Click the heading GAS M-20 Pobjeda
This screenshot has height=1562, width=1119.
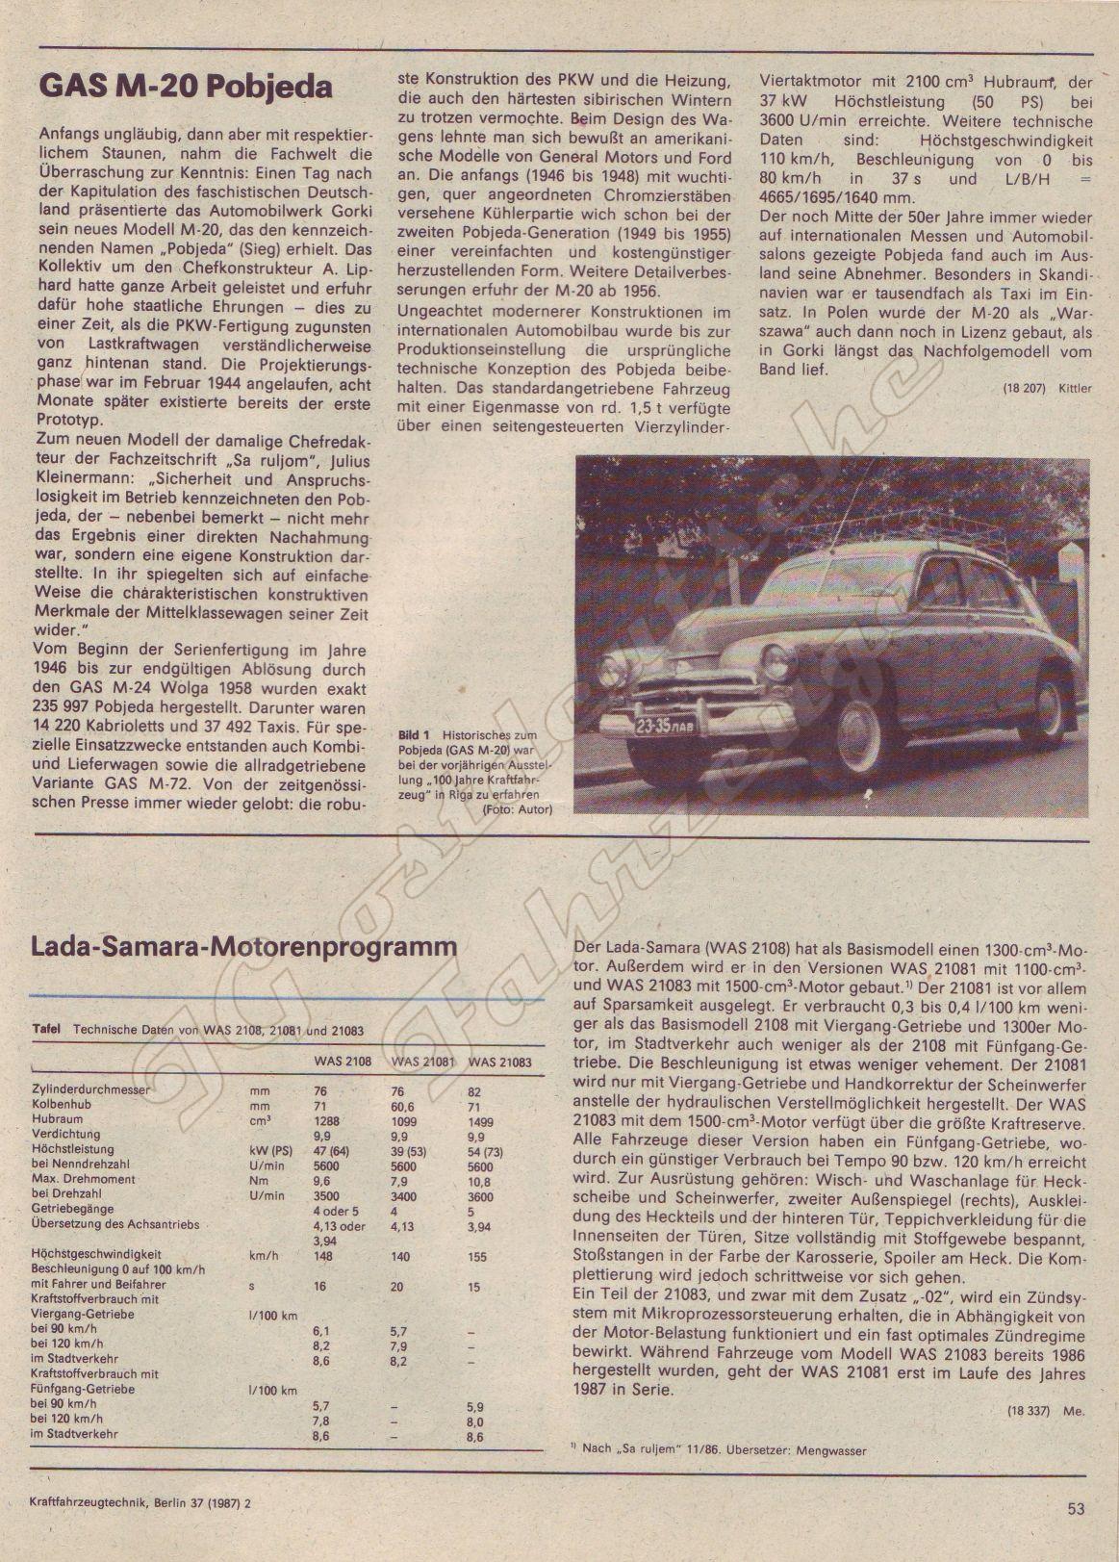click(185, 88)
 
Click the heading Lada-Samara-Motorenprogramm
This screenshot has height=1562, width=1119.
click(244, 946)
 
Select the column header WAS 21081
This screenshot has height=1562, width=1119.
click(422, 1062)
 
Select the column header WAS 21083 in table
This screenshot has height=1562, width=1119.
click(498, 1062)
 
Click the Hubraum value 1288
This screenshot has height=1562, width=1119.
click(327, 1121)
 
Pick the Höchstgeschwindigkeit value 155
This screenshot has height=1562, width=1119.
click(476, 1256)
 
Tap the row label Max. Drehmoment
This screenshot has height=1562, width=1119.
click(83, 1179)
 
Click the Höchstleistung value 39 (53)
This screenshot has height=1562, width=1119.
click(412, 1150)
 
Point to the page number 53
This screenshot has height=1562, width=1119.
click(1076, 1508)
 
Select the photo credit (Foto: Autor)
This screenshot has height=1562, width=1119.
click(518, 809)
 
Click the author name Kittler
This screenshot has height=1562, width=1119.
click(1075, 388)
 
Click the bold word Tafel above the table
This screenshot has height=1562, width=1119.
click(47, 1029)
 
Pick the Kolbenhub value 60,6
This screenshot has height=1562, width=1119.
click(404, 1106)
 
